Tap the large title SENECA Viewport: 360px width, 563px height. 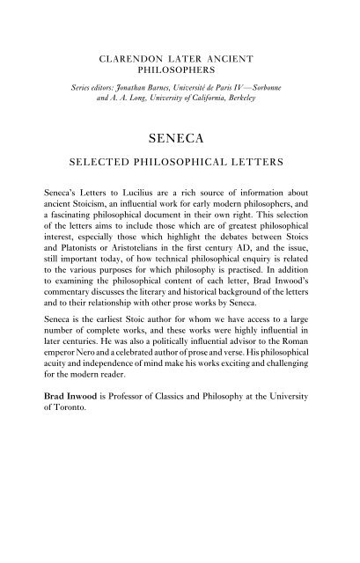click(180, 137)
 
